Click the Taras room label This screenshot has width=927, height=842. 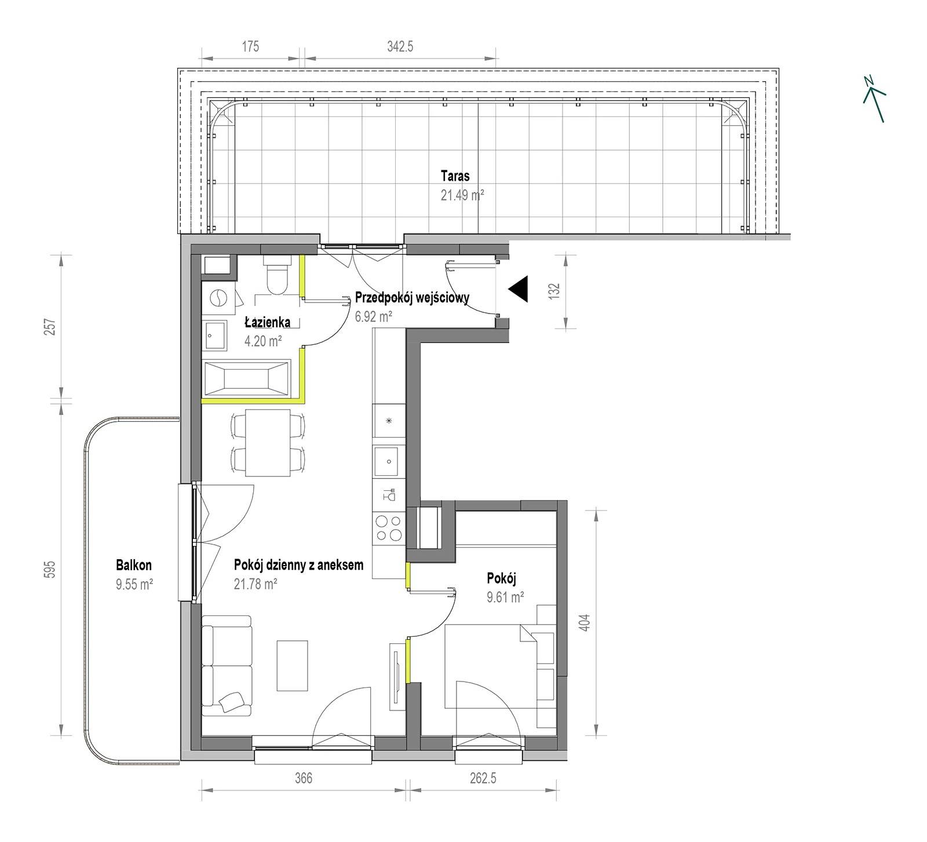tap(455, 175)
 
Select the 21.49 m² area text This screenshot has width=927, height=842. tap(462, 195)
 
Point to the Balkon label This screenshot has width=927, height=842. tap(134, 564)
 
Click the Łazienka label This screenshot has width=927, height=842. tap(267, 322)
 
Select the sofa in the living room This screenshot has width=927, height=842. tap(227, 665)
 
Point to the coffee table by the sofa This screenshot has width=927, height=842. tap(293, 665)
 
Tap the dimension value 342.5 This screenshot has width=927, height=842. tap(400, 46)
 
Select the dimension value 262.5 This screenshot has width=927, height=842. tap(483, 778)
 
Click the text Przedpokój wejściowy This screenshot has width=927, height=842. tap(412, 298)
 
